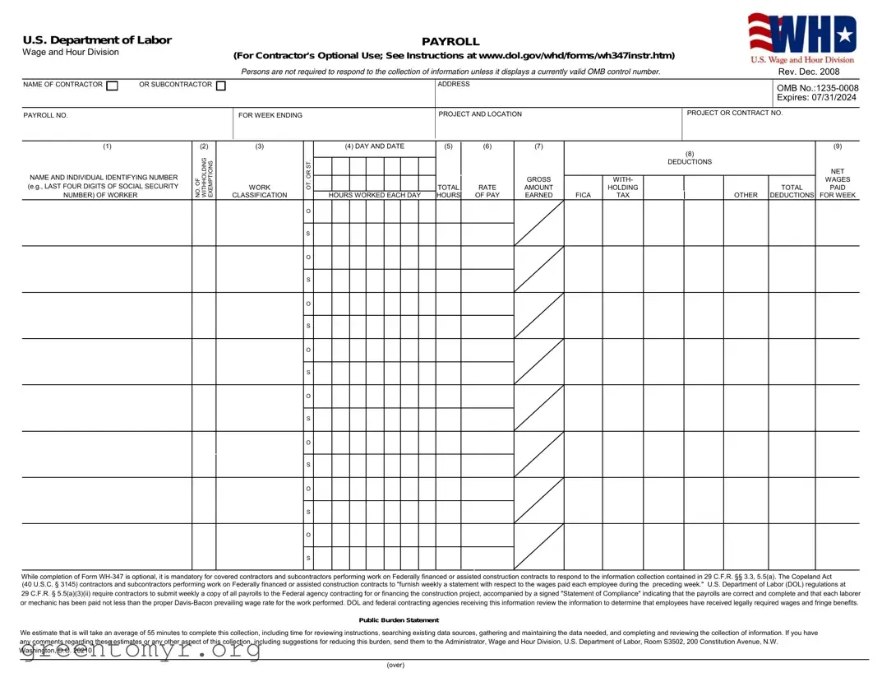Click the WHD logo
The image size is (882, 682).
[x=801, y=38]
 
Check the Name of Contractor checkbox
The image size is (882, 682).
[x=113, y=86]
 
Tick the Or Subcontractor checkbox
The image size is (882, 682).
[x=220, y=86]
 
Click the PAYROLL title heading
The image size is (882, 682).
[x=450, y=41]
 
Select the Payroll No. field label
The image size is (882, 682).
[x=45, y=115]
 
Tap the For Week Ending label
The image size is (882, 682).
[x=270, y=115]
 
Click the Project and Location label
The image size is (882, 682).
[x=480, y=114]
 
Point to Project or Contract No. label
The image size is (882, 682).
[x=735, y=113]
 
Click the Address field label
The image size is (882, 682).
[x=453, y=84]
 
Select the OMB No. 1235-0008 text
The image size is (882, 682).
[x=817, y=88]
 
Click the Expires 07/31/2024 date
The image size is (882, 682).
[x=816, y=98]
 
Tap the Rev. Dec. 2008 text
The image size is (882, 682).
[x=808, y=72]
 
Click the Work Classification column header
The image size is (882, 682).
[x=260, y=191]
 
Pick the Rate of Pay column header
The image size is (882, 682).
[x=487, y=191]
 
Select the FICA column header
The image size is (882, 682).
[x=583, y=196]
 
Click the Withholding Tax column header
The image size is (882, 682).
[x=622, y=187]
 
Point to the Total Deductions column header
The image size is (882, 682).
[x=792, y=191]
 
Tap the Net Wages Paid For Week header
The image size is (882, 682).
[x=838, y=183]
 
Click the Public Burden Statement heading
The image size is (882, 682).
[x=399, y=620]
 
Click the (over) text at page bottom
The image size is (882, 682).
[x=395, y=666]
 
